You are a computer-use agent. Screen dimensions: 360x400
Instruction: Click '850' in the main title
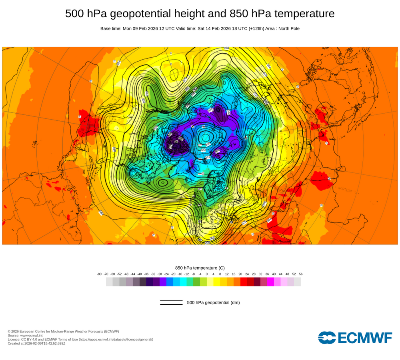[x=239, y=14]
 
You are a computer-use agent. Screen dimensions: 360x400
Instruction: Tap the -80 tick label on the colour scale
[x=99, y=274]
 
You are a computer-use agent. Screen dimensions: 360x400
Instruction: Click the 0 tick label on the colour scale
[x=207, y=274]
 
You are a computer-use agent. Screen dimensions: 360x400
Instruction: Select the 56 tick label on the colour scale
[x=300, y=274]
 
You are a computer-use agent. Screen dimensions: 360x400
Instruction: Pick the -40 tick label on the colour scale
[x=140, y=274]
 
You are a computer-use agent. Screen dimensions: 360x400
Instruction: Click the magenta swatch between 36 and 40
[x=270, y=282]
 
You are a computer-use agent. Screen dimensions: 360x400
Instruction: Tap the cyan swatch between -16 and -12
[x=183, y=282]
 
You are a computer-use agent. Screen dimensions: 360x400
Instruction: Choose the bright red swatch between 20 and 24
[x=244, y=282]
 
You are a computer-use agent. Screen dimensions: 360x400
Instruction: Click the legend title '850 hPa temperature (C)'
[x=200, y=268]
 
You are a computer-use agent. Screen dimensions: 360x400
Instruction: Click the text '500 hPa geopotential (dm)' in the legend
[x=213, y=302]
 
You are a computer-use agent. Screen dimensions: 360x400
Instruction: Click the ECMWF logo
[x=355, y=338]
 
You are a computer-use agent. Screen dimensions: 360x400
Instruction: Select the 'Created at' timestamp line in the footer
[x=36, y=343]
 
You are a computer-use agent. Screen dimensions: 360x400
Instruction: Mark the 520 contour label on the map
[x=203, y=150]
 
